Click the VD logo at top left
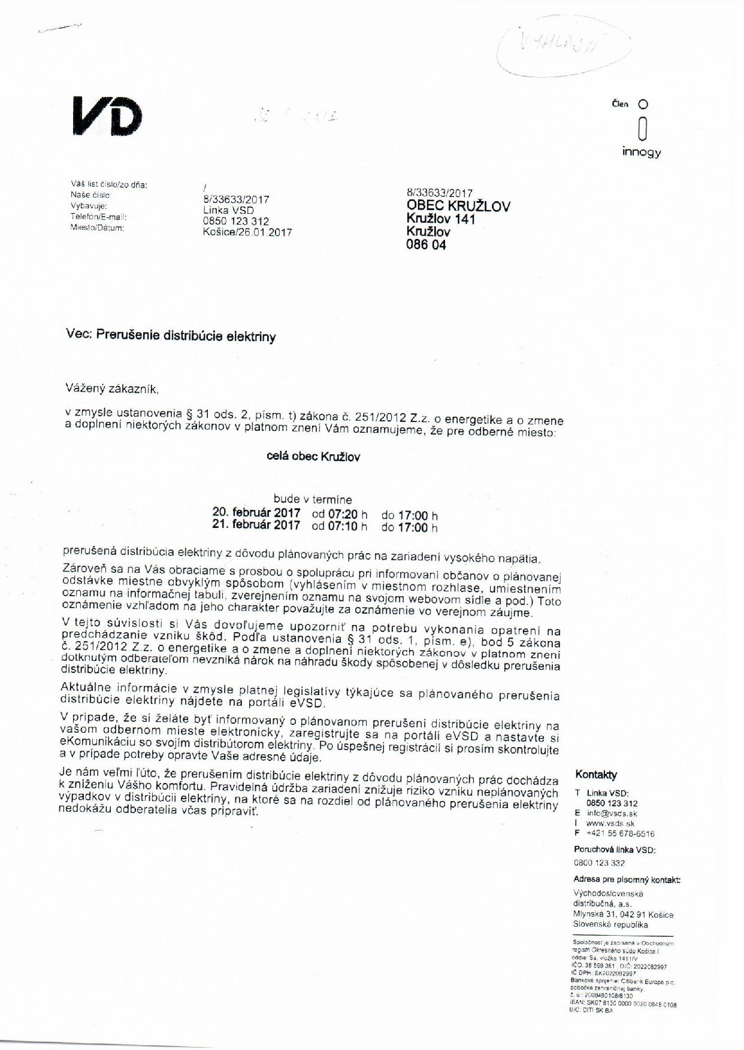[x=108, y=116]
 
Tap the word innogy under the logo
[x=641, y=152]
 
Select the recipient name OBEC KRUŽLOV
[x=458, y=207]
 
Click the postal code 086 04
[x=426, y=245]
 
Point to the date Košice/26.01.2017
[x=247, y=232]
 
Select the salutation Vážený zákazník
[x=112, y=389]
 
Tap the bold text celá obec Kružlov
[x=313, y=457]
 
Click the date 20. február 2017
[x=256, y=513]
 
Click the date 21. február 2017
[x=256, y=526]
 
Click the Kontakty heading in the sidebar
[x=595, y=775]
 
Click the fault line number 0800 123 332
[x=599, y=863]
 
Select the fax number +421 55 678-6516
[x=620, y=833]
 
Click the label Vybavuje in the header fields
[x=88, y=206]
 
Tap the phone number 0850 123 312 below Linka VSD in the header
[x=236, y=221]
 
